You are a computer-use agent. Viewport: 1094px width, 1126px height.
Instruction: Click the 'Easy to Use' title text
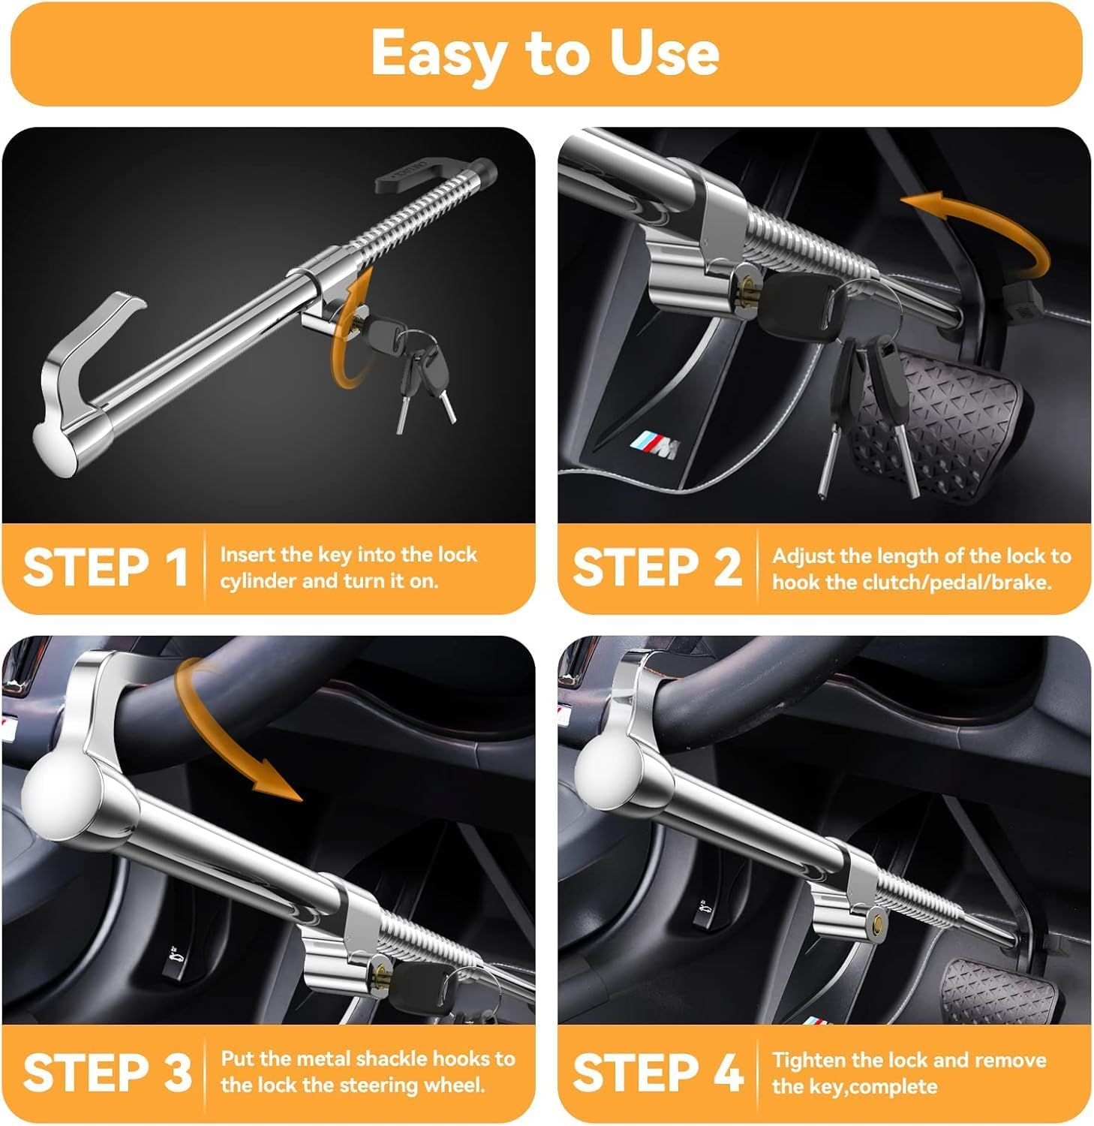pyautogui.click(x=545, y=53)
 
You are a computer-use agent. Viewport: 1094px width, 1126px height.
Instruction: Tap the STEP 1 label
pyautogui.click(x=104, y=568)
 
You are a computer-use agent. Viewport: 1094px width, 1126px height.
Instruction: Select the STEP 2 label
pyautogui.click(x=657, y=568)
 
